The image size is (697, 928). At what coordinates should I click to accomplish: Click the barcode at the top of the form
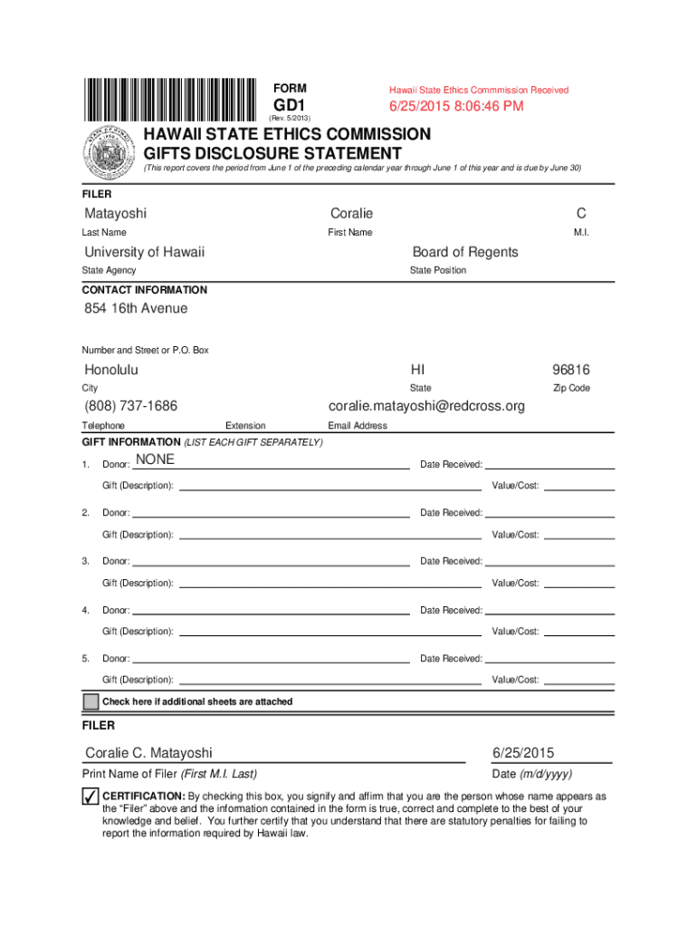coord(171,99)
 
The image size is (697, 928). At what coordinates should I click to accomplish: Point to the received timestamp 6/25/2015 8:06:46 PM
coord(456,107)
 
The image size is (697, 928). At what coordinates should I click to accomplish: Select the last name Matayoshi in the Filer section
coord(115,214)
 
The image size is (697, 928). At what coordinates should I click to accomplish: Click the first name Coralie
coord(351,214)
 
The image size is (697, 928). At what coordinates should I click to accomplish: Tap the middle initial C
coord(580,214)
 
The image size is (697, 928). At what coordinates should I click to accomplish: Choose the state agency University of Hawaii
coord(145,252)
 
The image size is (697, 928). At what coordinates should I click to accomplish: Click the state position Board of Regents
coord(465,252)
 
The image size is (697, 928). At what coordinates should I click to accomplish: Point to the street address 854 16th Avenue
coord(136,309)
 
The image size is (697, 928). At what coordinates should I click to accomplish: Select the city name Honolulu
coord(111,370)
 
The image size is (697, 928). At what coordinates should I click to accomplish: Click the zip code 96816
coord(571,370)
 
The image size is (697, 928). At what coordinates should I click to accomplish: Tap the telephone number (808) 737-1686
coord(130,406)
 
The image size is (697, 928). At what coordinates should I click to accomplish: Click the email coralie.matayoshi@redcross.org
coord(426,406)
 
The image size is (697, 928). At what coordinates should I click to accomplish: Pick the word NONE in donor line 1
coord(154,459)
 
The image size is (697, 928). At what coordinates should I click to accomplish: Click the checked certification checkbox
coord(90,797)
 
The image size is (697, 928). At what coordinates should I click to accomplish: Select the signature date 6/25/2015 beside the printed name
coord(523,753)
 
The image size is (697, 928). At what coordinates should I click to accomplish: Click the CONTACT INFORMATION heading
coord(145,290)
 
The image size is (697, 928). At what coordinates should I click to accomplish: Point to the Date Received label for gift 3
coord(451,562)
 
